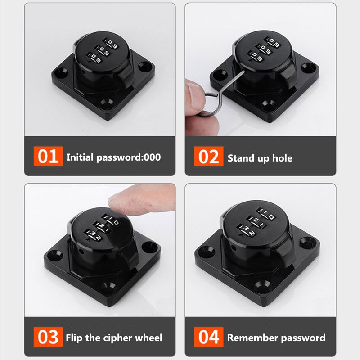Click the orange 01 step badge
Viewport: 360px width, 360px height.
point(48,157)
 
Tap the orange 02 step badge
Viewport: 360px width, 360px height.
point(209,157)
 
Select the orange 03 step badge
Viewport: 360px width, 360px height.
point(48,337)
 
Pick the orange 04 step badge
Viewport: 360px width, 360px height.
point(209,337)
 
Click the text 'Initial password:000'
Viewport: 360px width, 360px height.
point(113,157)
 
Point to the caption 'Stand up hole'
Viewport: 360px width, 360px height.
point(260,158)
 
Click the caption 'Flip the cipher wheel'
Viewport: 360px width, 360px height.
point(114,337)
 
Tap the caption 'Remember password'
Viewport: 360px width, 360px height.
point(276,337)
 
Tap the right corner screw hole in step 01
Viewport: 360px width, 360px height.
point(145,67)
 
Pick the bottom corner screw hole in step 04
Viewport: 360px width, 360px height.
point(262,285)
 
